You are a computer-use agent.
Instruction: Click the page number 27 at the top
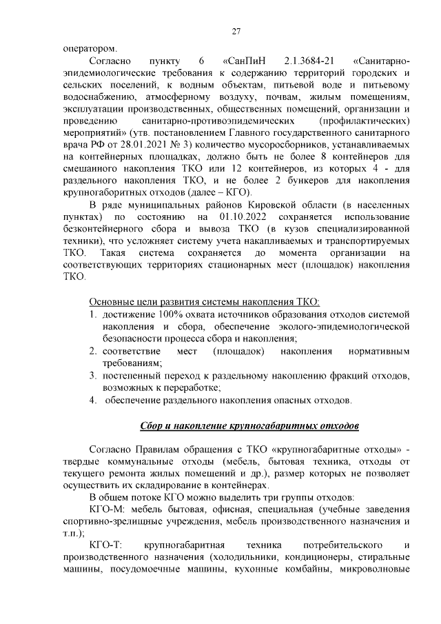point(235,31)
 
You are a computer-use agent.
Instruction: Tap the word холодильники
point(229,558)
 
